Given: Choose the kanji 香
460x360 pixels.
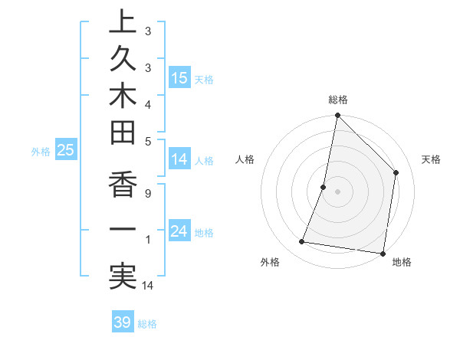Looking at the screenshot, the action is click(x=122, y=184).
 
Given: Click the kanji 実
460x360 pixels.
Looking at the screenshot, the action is click(x=122, y=277).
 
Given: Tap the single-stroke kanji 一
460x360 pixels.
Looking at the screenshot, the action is click(x=122, y=231).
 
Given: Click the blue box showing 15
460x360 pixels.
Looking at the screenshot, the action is click(x=179, y=78).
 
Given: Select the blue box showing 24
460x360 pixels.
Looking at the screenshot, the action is click(x=179, y=231).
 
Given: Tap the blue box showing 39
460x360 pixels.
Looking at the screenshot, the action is click(x=123, y=322).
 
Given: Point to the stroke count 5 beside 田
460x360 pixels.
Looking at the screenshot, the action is click(x=147, y=141).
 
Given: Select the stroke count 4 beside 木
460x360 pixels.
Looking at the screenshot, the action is click(x=147, y=103).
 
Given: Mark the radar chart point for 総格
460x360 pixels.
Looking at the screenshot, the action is click(x=337, y=116).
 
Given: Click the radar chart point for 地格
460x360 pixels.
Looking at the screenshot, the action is click(x=382, y=252).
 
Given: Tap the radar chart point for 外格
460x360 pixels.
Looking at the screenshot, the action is click(x=302, y=242).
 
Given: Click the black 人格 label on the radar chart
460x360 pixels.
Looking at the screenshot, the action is click(x=245, y=159).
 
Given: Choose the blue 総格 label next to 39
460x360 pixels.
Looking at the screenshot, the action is click(x=148, y=324).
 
